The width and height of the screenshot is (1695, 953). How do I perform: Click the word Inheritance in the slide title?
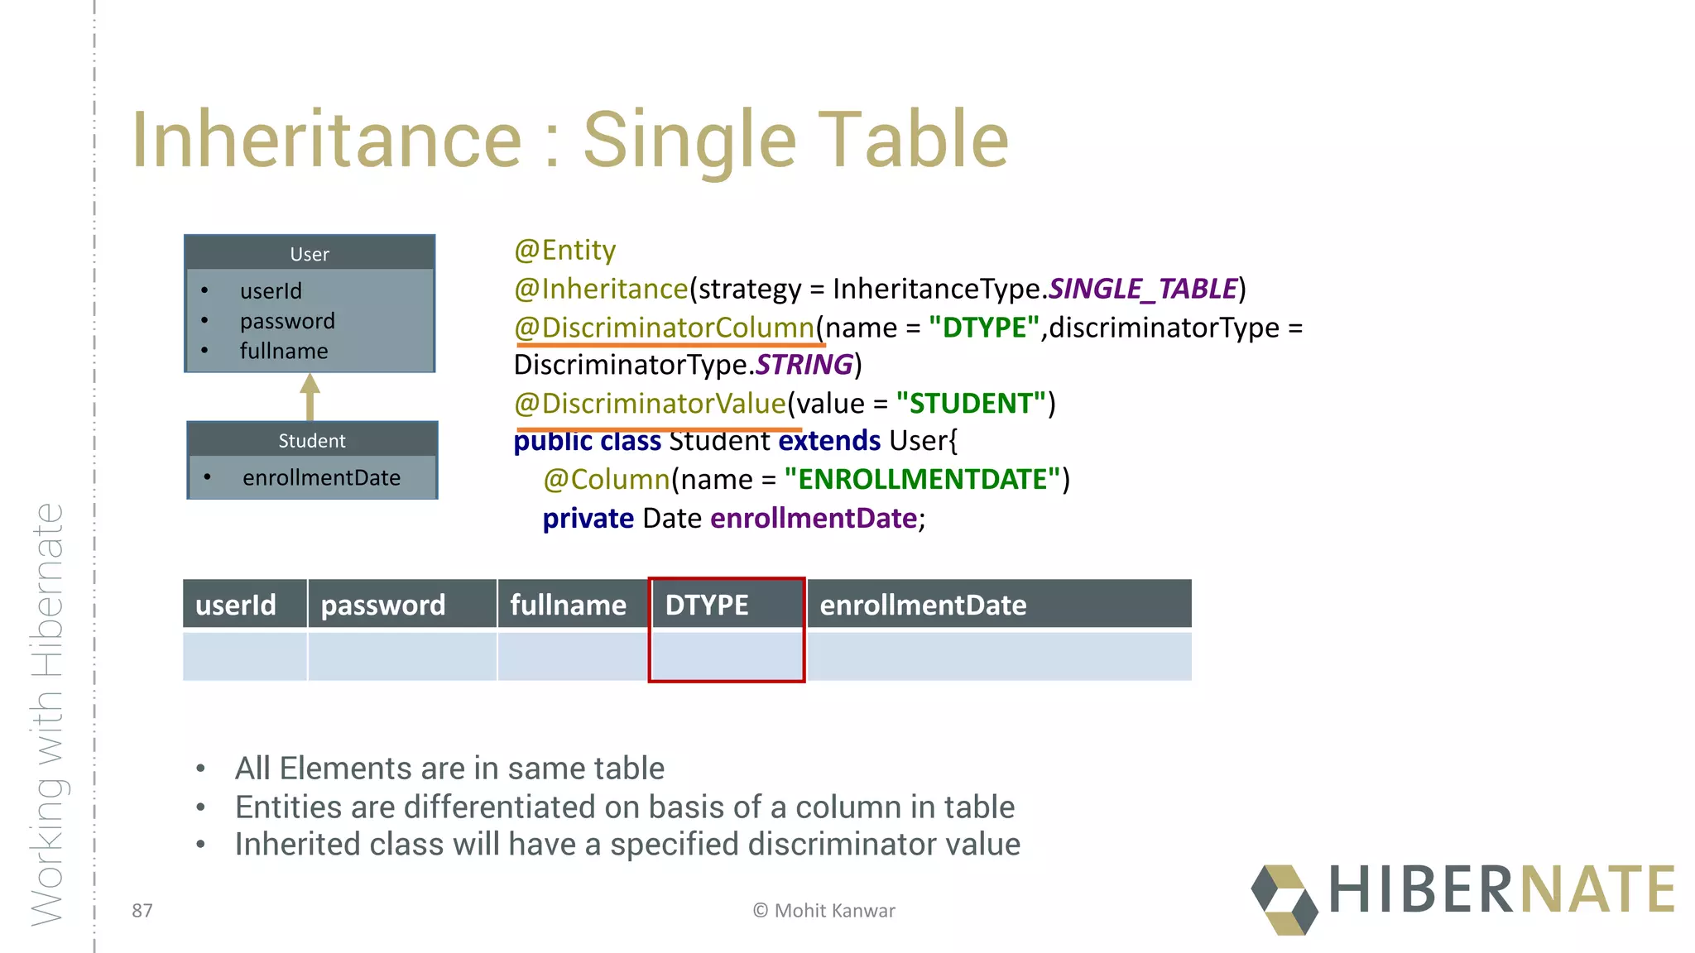(x=327, y=141)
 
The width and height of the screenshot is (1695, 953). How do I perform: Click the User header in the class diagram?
(x=310, y=254)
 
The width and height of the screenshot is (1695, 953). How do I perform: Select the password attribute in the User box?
(x=287, y=321)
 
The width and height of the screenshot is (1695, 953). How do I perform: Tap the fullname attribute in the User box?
(x=284, y=352)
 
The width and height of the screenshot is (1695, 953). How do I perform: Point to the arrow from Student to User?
(x=310, y=396)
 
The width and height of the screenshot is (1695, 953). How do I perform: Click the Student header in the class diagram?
(x=312, y=441)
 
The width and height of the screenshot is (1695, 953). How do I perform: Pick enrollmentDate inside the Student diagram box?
(x=321, y=478)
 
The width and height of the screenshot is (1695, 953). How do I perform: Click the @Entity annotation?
(x=564, y=251)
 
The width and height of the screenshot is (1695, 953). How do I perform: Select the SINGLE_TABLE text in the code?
(x=1142, y=289)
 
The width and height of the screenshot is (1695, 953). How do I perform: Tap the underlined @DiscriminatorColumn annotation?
(x=665, y=328)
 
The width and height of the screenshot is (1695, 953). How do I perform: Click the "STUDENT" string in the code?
(x=971, y=404)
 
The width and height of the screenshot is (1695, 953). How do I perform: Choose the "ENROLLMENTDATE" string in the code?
(x=922, y=480)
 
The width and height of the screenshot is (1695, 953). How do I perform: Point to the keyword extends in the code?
(x=829, y=441)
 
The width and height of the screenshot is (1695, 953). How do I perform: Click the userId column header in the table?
(x=236, y=605)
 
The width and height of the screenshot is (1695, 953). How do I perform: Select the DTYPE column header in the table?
(x=707, y=605)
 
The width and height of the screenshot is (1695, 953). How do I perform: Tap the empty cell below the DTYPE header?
(x=727, y=656)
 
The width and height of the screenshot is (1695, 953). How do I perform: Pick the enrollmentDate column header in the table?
(x=923, y=605)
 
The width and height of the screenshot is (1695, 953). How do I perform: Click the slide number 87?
(x=142, y=911)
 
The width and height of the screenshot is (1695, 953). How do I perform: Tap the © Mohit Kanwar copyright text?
(x=823, y=911)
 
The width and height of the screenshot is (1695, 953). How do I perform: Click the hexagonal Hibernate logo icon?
(x=1284, y=899)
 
